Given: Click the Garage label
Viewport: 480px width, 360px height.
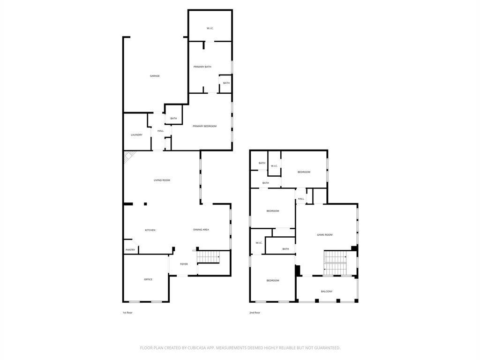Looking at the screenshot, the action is pyautogui.click(x=155, y=76).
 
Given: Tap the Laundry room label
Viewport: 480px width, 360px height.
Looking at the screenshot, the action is pyautogui.click(x=136, y=135).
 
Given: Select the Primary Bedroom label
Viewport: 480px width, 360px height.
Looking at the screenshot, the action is pyautogui.click(x=204, y=126).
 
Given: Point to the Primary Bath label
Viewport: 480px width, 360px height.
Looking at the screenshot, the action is pyautogui.click(x=202, y=67).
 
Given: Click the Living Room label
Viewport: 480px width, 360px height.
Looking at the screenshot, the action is pyautogui.click(x=162, y=180).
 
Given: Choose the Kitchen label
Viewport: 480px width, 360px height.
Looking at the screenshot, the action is pyautogui.click(x=150, y=230).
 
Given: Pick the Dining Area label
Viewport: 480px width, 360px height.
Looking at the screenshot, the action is pyautogui.click(x=201, y=230).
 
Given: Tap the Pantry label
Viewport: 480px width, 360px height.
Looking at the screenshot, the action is pyautogui.click(x=130, y=250).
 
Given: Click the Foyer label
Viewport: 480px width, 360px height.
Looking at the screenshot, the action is pyautogui.click(x=184, y=264).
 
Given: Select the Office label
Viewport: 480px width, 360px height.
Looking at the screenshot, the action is pyautogui.click(x=148, y=279).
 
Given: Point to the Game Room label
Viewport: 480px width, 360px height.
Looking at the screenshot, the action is pyautogui.click(x=324, y=235).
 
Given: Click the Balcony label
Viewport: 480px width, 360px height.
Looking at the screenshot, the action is pyautogui.click(x=327, y=292).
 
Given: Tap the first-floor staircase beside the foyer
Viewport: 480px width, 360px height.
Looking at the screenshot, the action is pyautogui.click(x=209, y=257).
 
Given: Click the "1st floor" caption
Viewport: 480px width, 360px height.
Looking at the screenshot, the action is pyautogui.click(x=127, y=313).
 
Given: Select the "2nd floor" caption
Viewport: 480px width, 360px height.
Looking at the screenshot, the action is pyautogui.click(x=255, y=313).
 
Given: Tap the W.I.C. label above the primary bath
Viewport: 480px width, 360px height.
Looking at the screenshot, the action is pyautogui.click(x=210, y=29).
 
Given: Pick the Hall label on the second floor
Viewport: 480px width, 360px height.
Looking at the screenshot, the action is pyautogui.click(x=301, y=199).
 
